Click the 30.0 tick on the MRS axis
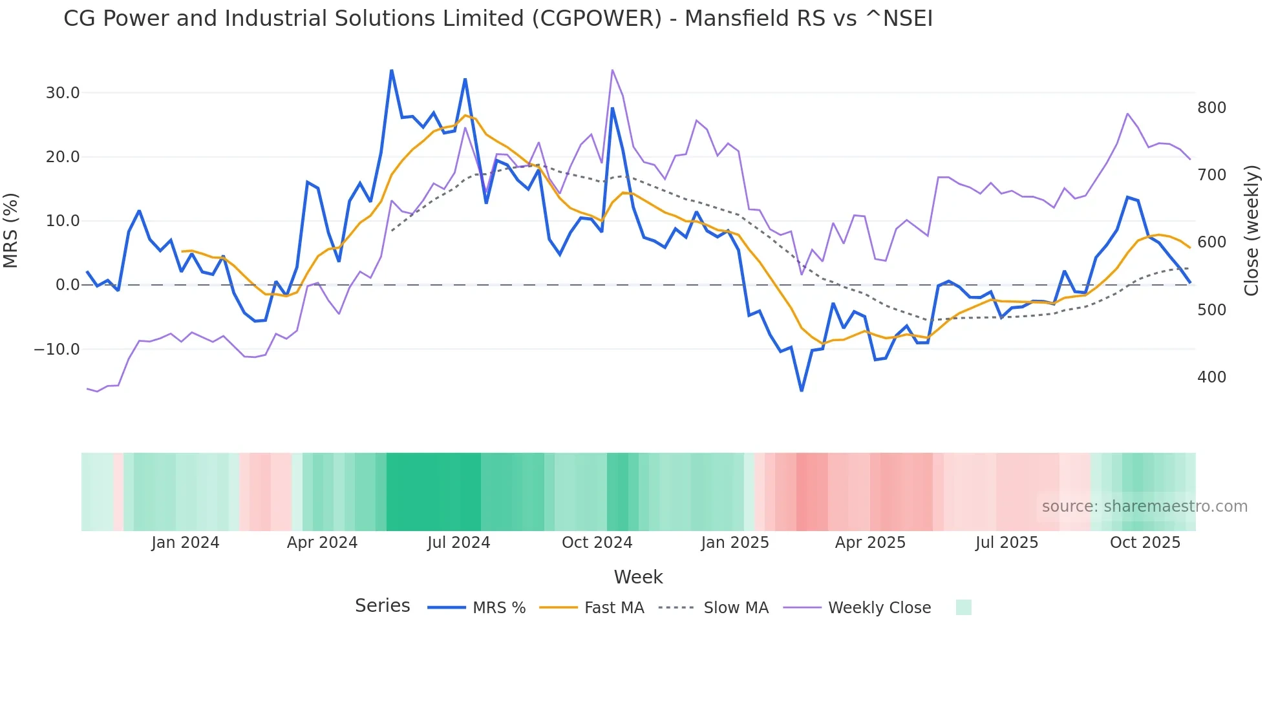[62, 93]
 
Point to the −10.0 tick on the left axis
[57, 350]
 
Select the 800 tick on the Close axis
[1211, 108]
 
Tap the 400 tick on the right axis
[1211, 377]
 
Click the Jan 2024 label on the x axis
[186, 543]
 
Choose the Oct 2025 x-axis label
[1145, 543]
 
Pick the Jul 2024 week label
[458, 543]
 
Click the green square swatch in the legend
[963, 608]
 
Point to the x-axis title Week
[638, 577]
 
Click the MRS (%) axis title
[11, 231]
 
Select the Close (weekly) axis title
[1251, 231]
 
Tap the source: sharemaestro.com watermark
[1144, 507]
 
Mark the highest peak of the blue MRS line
[392, 70]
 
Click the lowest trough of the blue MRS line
[802, 390]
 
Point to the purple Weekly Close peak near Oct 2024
[612, 70]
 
